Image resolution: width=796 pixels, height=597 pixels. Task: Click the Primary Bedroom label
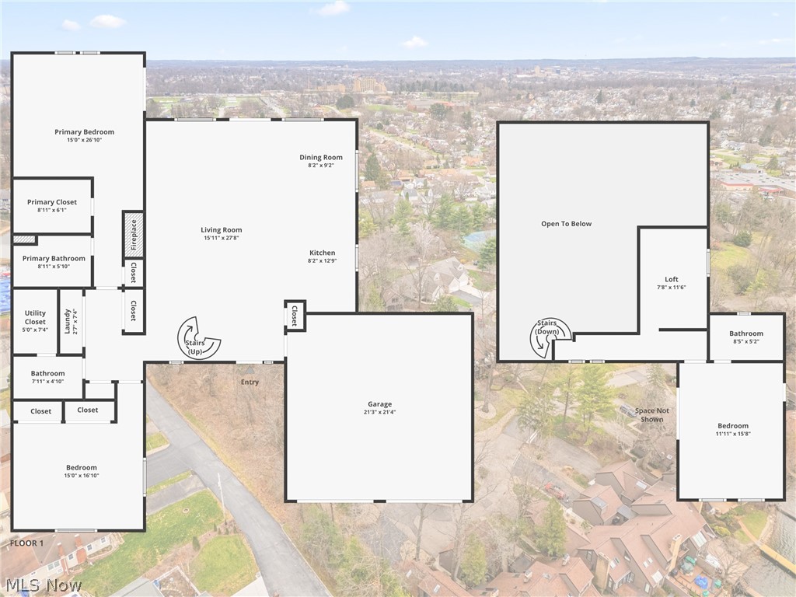coord(84,132)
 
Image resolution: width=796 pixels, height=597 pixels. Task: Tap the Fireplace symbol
coord(133,234)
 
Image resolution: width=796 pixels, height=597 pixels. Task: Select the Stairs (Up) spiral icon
coord(198,337)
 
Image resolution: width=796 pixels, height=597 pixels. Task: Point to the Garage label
coord(379,404)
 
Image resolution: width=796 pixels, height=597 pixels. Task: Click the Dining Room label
coord(321,158)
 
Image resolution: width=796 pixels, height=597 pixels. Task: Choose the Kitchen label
coord(322,253)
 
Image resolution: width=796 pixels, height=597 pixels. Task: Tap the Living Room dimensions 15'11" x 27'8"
coord(222,238)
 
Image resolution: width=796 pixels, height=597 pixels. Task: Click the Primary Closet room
coord(52,205)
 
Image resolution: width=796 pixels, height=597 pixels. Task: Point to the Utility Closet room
coord(35,321)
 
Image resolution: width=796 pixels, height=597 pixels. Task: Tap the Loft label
coord(672,280)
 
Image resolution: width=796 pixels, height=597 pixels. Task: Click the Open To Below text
coord(567,224)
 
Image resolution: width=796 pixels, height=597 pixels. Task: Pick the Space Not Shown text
coord(651,415)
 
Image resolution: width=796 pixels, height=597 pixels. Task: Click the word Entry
coord(250,382)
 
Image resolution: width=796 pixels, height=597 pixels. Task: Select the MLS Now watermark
coord(43,584)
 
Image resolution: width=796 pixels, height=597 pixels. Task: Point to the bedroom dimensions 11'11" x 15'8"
coord(733,434)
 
